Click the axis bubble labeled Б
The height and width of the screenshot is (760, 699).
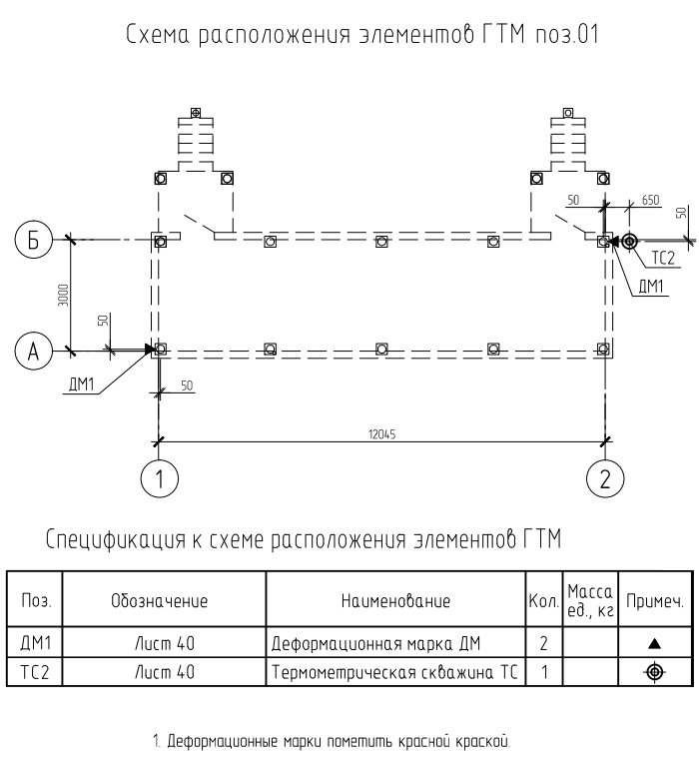(33, 240)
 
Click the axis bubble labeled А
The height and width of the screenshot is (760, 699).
(33, 351)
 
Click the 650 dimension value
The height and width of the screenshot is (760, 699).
(651, 201)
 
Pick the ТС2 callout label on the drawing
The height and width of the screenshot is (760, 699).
(664, 258)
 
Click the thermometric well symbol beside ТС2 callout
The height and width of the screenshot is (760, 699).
(629, 240)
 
